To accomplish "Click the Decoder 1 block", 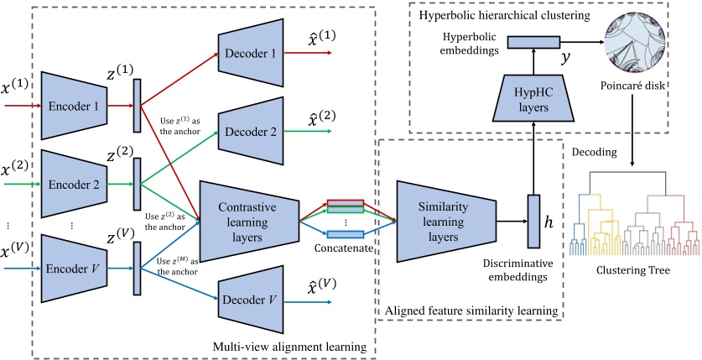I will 250,53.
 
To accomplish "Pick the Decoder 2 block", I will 250,131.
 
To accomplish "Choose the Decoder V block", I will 250,297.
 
